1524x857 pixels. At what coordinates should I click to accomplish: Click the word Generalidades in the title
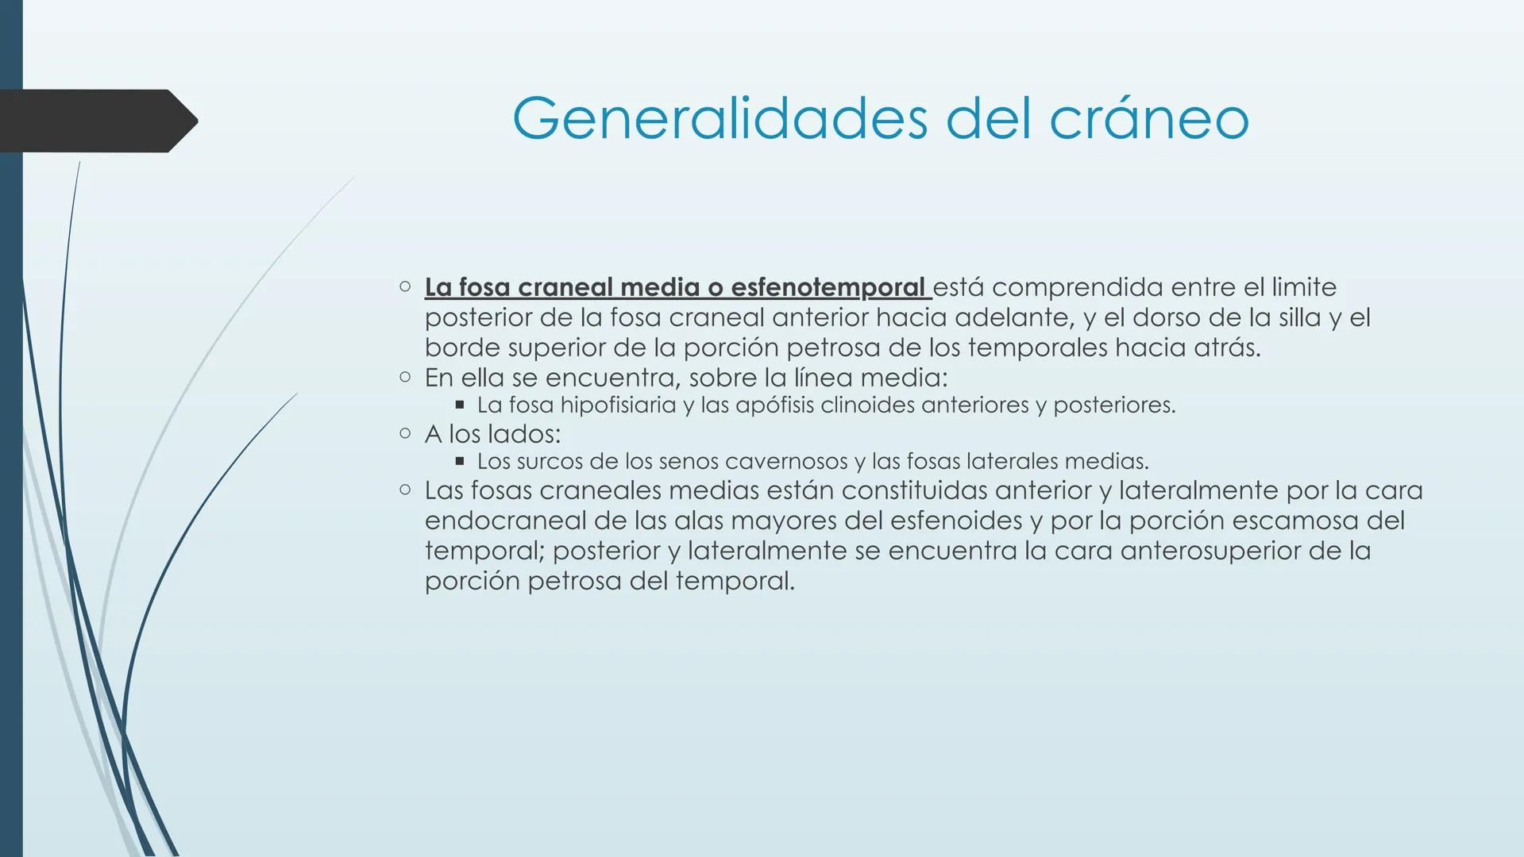[720, 119]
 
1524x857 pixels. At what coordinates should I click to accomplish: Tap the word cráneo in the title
[1149, 119]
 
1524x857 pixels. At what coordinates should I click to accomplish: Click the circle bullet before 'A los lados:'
[405, 433]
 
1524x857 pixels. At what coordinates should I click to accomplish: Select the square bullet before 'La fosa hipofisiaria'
[459, 405]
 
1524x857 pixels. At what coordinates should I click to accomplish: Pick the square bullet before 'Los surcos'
[459, 460]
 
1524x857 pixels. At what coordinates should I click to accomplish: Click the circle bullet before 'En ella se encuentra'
[405, 377]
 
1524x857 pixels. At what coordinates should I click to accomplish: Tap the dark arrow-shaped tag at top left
[95, 121]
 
